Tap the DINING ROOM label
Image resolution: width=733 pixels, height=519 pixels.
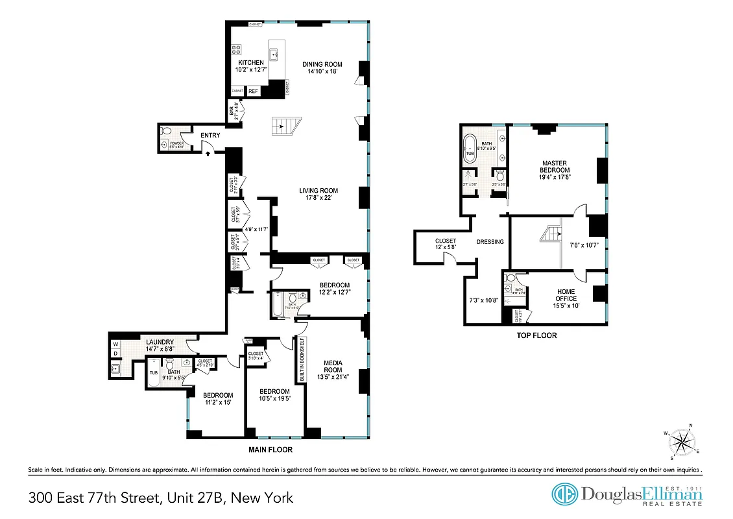point(322,64)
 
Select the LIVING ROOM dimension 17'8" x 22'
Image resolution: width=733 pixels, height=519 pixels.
point(318,198)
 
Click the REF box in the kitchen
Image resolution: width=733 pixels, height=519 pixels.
point(253,91)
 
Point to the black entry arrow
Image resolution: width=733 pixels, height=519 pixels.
point(207,153)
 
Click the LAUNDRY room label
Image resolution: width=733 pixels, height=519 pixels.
point(159,342)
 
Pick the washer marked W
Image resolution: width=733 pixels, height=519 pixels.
point(115,344)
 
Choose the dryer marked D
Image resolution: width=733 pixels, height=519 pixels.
point(115,354)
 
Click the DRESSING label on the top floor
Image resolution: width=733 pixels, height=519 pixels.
point(490,242)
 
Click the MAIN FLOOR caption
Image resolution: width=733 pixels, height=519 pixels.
point(270,450)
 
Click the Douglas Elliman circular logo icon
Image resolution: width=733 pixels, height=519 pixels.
point(564,494)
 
